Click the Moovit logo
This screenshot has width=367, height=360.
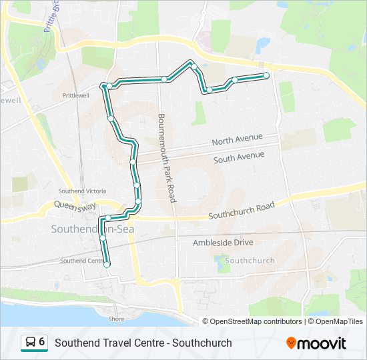[316, 343]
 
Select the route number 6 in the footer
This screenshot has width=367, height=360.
[42, 342]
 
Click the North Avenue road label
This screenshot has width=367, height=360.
[237, 140]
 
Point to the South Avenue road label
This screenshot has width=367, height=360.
[239, 157]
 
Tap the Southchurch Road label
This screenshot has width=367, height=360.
[242, 211]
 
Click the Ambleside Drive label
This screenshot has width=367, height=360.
[223, 243]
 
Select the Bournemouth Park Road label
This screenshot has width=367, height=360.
[166, 157]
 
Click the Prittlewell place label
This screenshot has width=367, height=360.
[75, 95]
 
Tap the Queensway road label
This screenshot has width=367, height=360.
[75, 206]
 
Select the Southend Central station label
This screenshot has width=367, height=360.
[82, 261]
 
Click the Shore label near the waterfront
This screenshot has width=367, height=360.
[116, 319]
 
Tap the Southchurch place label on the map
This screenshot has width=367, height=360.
[250, 260]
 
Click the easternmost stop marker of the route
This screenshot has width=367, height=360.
[266, 75]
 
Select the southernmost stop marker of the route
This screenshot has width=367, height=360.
[107, 265]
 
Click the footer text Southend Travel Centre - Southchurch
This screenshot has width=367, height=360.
[143, 343]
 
